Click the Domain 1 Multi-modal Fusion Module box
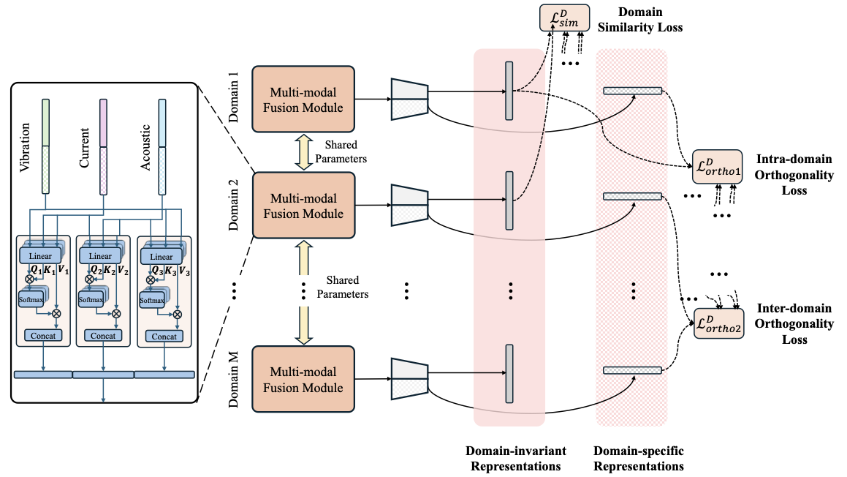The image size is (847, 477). click(303, 99)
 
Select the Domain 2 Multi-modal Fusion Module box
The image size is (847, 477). click(303, 205)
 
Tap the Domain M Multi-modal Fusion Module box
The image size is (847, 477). click(303, 378)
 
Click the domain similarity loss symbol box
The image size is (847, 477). click(565, 18)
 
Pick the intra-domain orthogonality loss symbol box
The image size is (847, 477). click(717, 167)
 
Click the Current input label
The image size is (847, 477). click(85, 148)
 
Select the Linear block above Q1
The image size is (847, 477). click(40, 256)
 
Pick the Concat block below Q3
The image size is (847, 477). click(164, 336)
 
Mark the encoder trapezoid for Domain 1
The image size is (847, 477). click(409, 99)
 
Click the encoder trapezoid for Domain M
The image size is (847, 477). click(409, 378)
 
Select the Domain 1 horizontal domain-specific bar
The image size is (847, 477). click(632, 91)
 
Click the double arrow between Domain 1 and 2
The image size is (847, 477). click(303, 151)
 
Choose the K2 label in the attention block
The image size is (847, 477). click(108, 268)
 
